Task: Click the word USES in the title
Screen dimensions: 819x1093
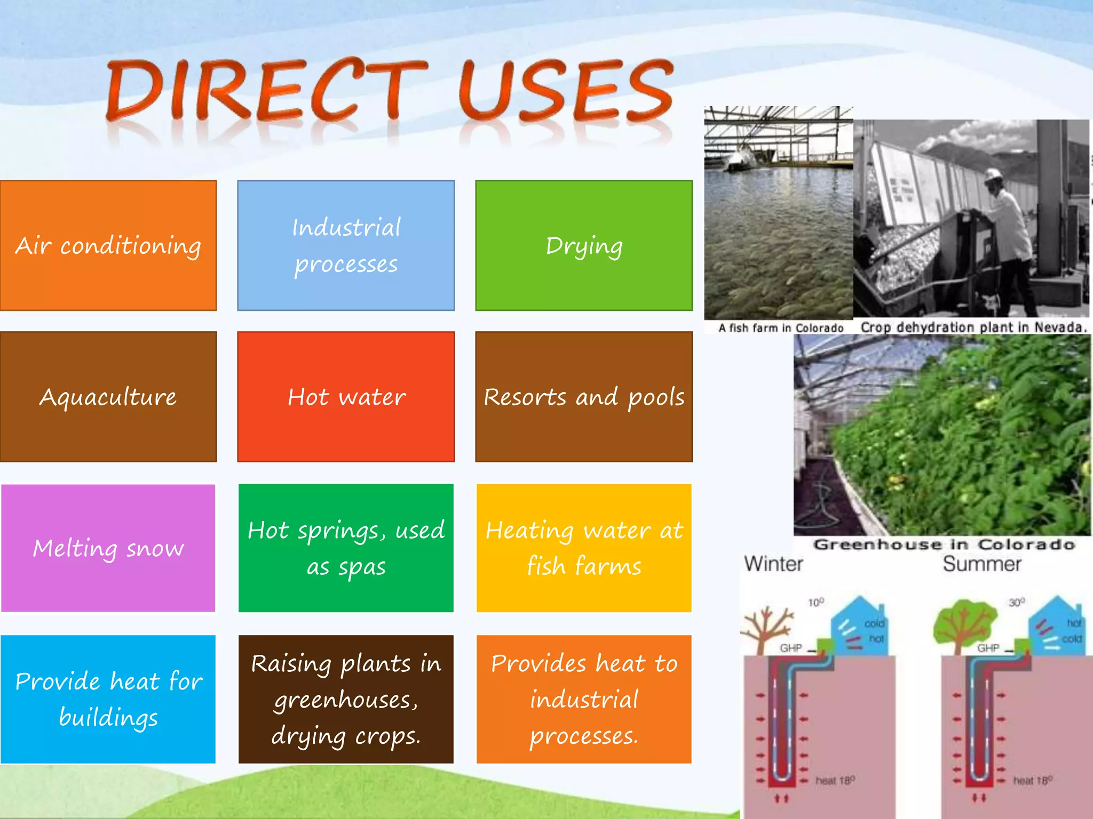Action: point(565,91)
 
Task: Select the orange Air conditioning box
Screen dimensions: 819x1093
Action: point(108,245)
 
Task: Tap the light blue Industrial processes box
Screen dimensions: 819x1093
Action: point(346,245)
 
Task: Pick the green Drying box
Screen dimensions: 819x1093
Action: point(584,245)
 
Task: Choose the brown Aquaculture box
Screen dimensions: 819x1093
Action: point(108,397)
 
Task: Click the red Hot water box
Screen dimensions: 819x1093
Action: point(346,397)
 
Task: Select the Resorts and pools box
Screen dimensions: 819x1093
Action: point(584,397)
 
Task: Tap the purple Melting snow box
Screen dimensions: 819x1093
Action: point(108,548)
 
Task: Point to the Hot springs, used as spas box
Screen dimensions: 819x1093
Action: point(346,548)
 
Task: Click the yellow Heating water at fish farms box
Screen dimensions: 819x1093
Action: point(584,548)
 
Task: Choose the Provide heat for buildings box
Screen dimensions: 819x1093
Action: point(108,699)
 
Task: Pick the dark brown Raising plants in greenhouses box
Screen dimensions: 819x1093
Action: point(346,699)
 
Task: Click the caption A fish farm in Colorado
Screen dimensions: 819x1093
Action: point(780,328)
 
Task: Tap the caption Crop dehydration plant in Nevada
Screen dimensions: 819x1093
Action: point(973,327)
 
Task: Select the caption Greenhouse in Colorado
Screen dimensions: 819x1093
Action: point(944,544)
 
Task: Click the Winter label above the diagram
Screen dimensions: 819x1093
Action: point(773,564)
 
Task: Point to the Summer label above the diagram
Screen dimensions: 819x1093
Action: point(981,564)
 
